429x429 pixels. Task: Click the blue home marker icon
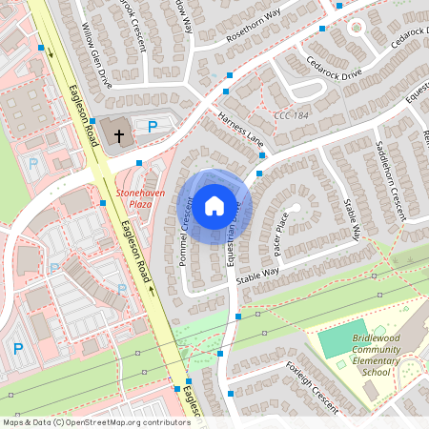[214, 205]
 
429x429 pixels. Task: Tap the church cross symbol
[119, 135]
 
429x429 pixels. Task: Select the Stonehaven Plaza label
[134, 197]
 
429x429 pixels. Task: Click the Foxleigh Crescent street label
[312, 386]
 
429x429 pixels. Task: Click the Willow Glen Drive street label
[97, 56]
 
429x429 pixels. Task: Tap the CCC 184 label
[292, 116]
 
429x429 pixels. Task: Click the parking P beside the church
[152, 126]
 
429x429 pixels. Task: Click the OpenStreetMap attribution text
[95, 421]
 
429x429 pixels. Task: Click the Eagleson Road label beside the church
[84, 112]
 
